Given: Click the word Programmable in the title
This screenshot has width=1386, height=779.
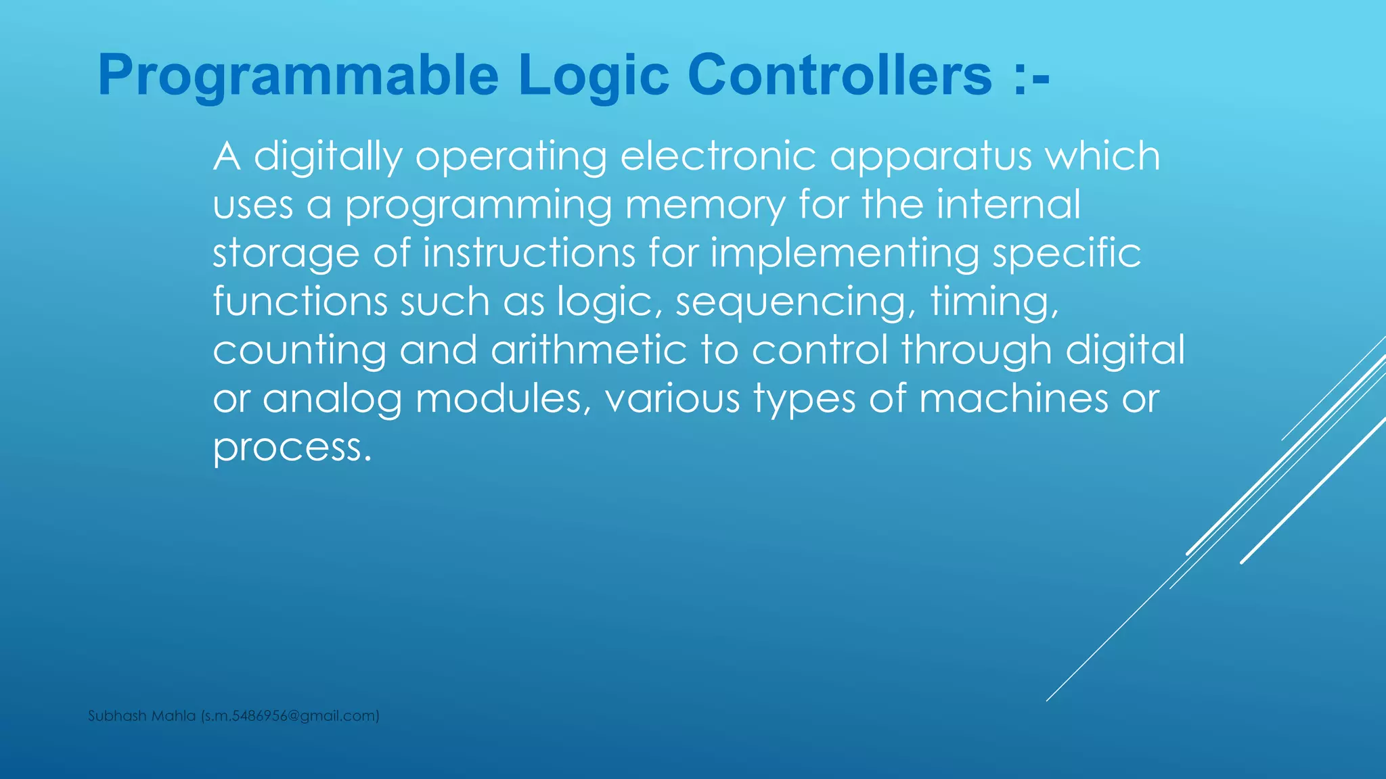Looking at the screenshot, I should point(298,76).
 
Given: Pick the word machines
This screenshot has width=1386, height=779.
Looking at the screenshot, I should point(1013,399).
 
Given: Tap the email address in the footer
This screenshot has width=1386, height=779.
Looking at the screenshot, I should point(290,716).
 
